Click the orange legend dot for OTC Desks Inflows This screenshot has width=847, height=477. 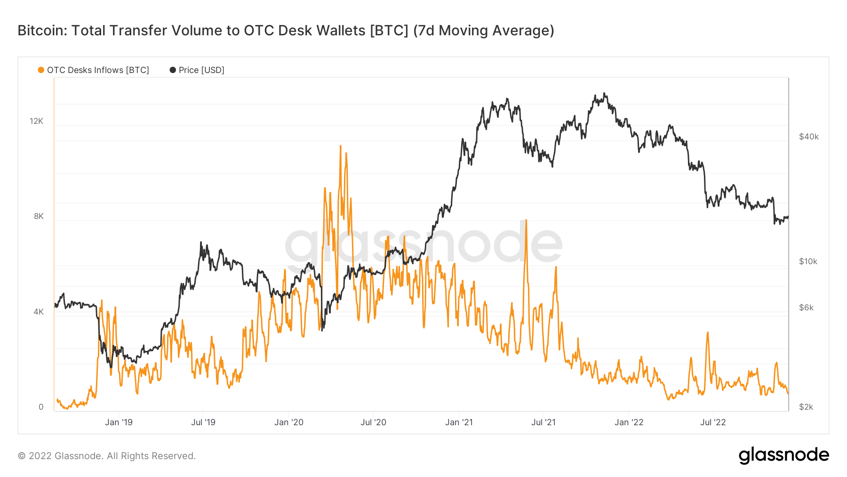41,70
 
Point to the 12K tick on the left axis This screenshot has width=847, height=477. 36,121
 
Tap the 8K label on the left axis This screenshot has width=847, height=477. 39,216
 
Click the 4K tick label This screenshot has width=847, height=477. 39,312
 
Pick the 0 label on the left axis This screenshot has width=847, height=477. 41,407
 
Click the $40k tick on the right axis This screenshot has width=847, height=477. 808,137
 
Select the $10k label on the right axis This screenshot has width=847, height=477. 808,261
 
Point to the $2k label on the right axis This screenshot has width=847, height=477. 806,407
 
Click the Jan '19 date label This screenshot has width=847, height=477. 119,422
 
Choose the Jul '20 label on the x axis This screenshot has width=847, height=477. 373,422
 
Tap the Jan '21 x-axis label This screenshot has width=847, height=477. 459,422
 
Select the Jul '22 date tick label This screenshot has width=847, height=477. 713,422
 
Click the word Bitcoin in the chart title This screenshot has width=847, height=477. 40,31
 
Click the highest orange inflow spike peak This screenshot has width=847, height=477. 340,146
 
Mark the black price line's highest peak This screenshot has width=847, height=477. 604,94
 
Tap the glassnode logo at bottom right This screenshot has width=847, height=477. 783,455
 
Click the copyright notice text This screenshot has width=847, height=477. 107,456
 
